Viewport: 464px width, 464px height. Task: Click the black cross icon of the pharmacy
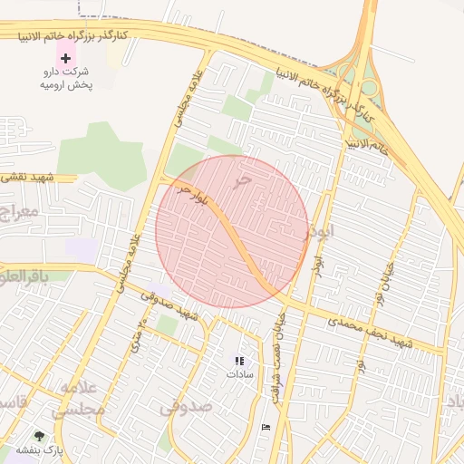point(64,57)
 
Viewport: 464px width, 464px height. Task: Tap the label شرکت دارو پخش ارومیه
point(64,77)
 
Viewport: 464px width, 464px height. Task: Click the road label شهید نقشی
point(26,178)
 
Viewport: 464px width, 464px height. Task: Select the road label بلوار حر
point(198,197)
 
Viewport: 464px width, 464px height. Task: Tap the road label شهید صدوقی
point(173,309)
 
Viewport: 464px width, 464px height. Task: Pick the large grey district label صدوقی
point(186,407)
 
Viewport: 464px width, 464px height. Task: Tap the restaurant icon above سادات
point(239,361)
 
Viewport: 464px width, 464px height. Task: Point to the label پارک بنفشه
point(36,449)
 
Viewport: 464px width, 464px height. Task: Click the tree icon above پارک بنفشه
point(39,436)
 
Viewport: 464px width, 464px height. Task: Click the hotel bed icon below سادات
point(265,427)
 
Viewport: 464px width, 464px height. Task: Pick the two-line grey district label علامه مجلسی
point(77,399)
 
